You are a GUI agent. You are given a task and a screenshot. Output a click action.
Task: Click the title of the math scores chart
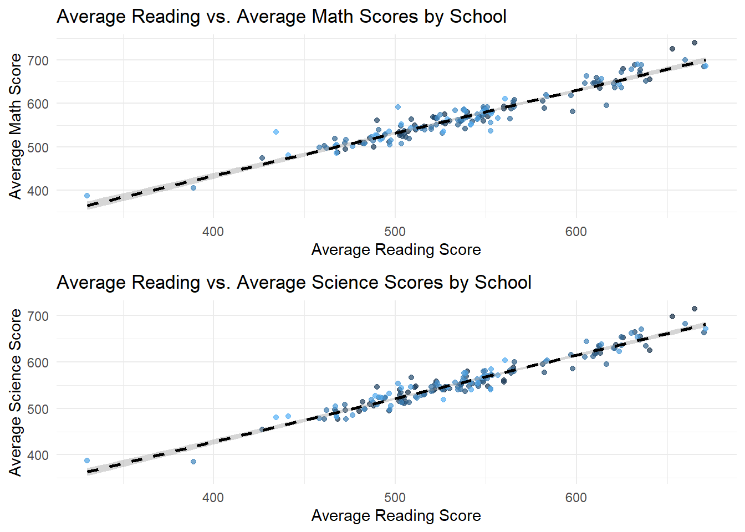281,17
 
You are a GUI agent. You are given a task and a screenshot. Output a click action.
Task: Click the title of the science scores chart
294,283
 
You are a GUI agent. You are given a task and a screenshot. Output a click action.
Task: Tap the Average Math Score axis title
15,126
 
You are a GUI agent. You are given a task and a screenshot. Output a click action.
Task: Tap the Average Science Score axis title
15,392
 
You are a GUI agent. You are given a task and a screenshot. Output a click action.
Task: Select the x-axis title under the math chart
396,249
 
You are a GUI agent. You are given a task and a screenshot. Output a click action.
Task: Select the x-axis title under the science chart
396,515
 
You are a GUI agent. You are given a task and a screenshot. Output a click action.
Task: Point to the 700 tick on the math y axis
38,60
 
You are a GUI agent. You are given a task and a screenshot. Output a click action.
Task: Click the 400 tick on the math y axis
38,191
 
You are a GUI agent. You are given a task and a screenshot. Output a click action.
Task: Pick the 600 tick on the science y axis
38,362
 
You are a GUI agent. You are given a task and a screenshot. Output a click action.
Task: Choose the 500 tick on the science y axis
38,409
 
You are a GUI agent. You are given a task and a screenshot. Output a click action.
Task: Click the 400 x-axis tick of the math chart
213,232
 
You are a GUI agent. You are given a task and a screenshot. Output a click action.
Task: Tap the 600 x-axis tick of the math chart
576,232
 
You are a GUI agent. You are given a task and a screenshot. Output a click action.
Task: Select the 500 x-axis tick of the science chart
395,498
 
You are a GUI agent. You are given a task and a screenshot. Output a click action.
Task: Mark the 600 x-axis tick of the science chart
576,498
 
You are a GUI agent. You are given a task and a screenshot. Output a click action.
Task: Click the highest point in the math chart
695,43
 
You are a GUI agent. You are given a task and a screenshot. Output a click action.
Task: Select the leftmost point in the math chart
87,196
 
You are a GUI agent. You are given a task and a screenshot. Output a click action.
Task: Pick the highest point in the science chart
695,309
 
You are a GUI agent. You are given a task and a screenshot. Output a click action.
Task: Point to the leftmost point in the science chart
87,461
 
